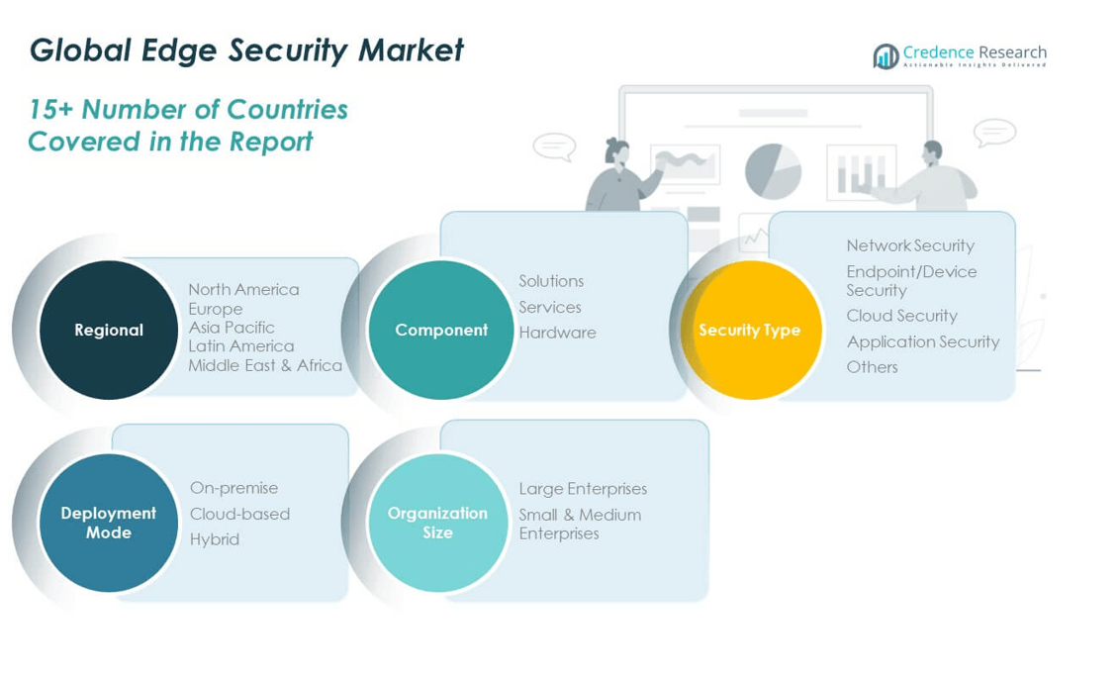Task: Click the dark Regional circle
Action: [109, 330]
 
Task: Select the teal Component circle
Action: [440, 330]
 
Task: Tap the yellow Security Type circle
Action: [750, 330]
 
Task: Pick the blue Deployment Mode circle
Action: [109, 523]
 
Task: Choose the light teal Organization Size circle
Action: [437, 523]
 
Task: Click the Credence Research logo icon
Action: [886, 56]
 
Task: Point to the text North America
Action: [243, 289]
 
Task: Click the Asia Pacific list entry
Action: [232, 327]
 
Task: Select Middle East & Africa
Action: [265, 365]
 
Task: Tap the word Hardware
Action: [557, 333]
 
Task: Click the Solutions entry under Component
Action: [551, 281]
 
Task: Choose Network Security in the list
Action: [910, 245]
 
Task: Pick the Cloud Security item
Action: [901, 316]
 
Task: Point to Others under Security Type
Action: [872, 367]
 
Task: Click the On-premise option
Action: [233, 488]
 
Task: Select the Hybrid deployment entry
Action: [215, 539]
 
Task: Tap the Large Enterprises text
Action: [583, 489]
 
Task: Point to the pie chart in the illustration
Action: [773, 170]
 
